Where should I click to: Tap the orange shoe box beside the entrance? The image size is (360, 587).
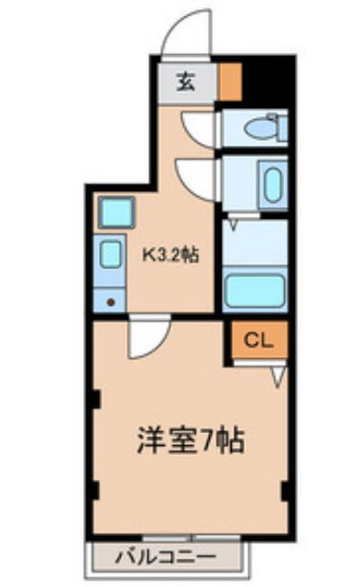point(231,81)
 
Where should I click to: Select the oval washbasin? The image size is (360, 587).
point(273,185)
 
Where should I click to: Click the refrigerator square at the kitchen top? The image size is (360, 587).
point(116,213)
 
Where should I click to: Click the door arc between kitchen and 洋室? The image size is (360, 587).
point(147,340)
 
